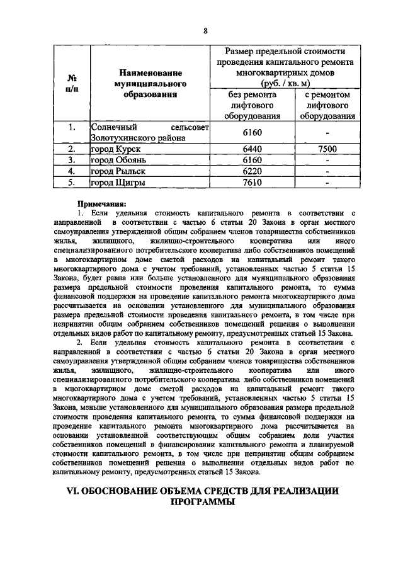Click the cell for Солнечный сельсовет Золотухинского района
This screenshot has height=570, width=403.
[149, 133]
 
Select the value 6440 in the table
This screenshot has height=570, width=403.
[252, 149]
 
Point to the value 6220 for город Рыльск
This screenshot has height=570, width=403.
[252, 171]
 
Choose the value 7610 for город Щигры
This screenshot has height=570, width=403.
[252, 183]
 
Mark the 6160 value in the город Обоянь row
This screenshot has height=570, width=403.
[252, 160]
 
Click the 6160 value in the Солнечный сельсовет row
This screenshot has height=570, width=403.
[252, 133]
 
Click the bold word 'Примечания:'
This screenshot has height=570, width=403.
[101, 203]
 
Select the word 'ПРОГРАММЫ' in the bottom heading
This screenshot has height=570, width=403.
[202, 503]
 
